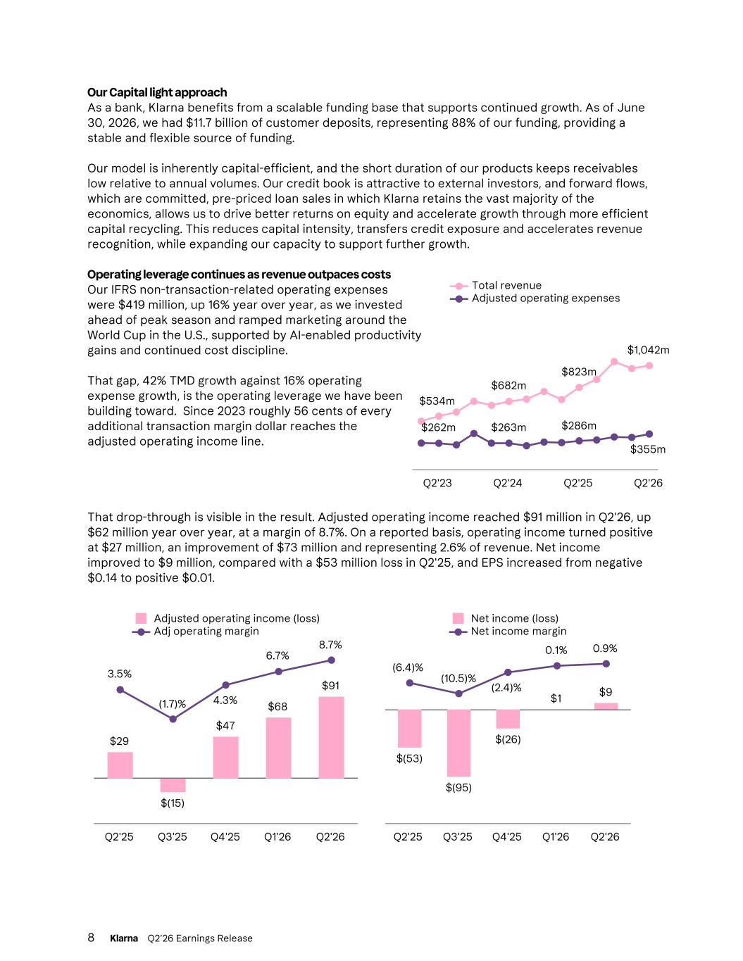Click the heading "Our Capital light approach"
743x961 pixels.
pos(157,92)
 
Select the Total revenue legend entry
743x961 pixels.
pos(495,285)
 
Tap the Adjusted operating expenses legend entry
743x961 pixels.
pos(535,299)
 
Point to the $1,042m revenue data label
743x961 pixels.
pos(648,351)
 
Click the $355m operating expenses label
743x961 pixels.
pos(647,449)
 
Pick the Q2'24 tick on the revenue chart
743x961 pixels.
pos(507,483)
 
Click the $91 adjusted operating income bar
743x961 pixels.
pos(331,737)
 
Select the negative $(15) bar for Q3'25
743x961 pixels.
pos(173,785)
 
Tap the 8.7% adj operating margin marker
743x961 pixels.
pos(331,660)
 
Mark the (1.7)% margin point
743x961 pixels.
pos(173,720)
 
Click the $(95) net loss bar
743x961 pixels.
pos(458,743)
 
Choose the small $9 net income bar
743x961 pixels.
pos(606,706)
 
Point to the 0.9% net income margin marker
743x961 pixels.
pos(606,664)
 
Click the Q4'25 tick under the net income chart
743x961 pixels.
pos(507,836)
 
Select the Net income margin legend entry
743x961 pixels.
pos(508,632)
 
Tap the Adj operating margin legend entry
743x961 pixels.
pos(196,632)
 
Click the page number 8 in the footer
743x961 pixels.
pos(91,938)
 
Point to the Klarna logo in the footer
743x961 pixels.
pos(124,938)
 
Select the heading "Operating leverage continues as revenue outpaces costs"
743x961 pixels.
pos(239,275)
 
